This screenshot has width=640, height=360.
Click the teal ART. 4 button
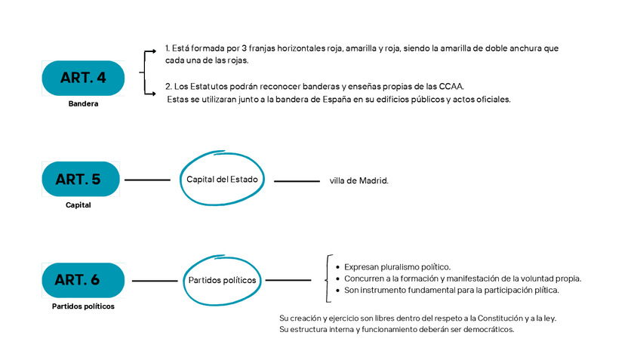pyautogui.click(x=83, y=78)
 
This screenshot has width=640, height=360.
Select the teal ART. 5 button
pyautogui.click(x=81, y=180)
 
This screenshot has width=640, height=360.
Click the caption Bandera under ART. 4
pyautogui.click(x=83, y=104)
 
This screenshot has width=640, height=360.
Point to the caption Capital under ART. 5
pyautogui.click(x=78, y=205)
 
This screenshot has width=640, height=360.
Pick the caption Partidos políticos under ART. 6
pyautogui.click(x=83, y=306)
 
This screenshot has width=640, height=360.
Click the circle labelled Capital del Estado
pyautogui.click(x=222, y=179)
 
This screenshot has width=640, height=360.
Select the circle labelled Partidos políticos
pyautogui.click(x=222, y=280)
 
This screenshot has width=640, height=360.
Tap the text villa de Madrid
pyautogui.click(x=358, y=181)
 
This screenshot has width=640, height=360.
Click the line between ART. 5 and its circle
pyautogui.click(x=147, y=180)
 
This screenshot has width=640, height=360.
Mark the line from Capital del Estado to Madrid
pyautogui.click(x=297, y=181)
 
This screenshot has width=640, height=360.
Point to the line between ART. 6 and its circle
pyautogui.click(x=155, y=281)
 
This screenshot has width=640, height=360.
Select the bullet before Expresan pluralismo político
pyautogui.click(x=337, y=267)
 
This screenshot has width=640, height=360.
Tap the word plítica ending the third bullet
pyautogui.click(x=546, y=290)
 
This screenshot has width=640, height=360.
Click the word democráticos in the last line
pyautogui.click(x=488, y=329)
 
